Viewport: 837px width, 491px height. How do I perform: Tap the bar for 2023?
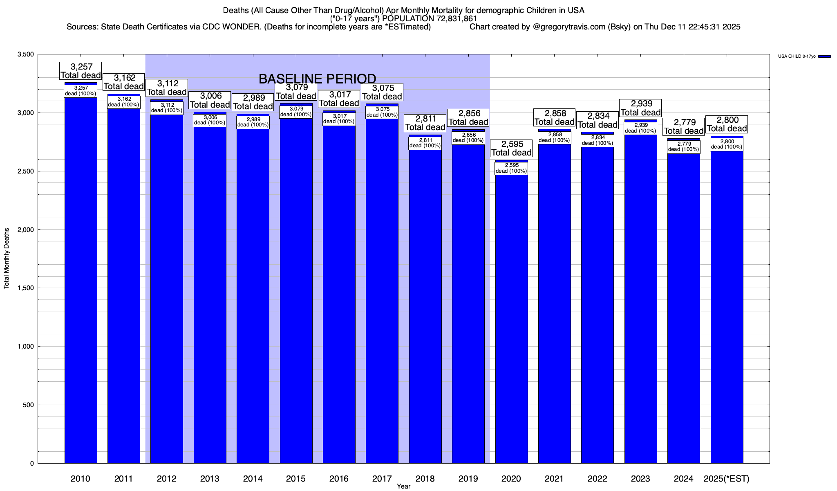tap(640, 299)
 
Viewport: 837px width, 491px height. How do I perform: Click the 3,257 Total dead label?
tap(81, 71)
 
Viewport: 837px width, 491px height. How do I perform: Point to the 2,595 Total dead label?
tap(511, 149)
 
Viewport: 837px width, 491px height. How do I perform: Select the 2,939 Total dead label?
tap(640, 108)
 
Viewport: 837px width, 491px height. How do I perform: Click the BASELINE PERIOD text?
tap(317, 79)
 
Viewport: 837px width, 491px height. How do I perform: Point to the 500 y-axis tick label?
tap(29, 405)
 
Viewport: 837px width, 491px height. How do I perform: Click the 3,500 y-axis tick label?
tap(25, 54)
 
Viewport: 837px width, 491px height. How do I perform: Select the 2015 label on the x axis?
tap(296, 478)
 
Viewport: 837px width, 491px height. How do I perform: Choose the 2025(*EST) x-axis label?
tap(726, 478)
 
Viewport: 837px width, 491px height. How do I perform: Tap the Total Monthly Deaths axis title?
tap(7, 259)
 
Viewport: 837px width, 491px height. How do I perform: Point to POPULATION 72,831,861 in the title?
tap(429, 18)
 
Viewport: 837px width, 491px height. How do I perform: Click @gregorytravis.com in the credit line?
tap(569, 27)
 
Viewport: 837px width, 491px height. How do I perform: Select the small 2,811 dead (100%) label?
tap(425, 143)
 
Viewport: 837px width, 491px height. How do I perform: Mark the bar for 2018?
tap(425, 307)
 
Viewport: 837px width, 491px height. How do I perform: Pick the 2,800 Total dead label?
tap(727, 124)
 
